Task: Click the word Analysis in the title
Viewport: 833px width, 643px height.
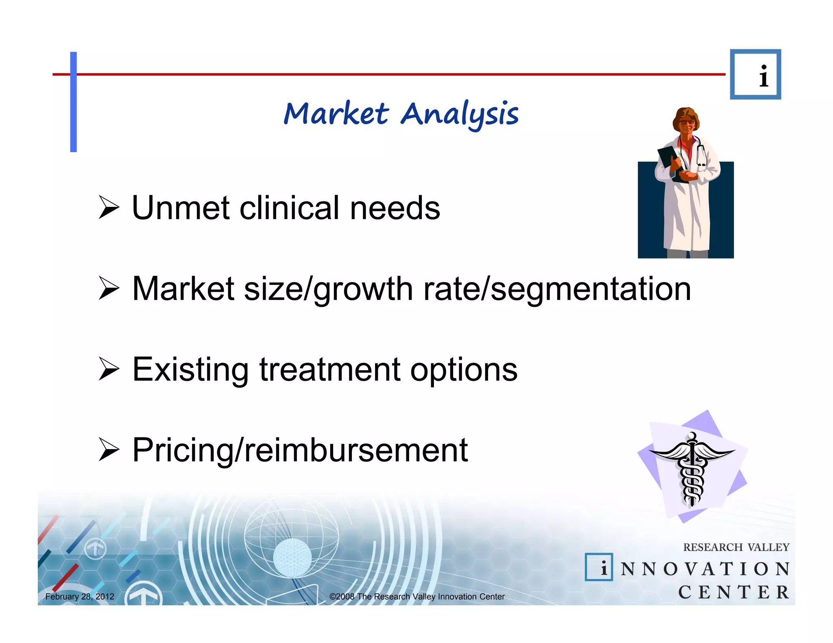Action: click(459, 114)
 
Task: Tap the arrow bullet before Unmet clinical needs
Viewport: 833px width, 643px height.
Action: click(109, 208)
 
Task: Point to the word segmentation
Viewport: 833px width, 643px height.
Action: click(591, 289)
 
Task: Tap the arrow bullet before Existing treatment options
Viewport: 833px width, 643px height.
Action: click(109, 369)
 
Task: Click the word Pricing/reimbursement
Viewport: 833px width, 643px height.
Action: click(300, 450)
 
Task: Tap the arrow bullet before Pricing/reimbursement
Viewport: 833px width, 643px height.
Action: click(109, 450)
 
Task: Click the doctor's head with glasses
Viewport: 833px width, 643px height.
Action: click(687, 121)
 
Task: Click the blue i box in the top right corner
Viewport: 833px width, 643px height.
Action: click(755, 75)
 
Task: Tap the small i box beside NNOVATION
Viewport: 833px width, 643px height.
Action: click(599, 567)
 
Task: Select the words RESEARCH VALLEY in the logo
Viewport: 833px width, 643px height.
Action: click(736, 547)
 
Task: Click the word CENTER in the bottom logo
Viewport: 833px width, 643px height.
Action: click(733, 592)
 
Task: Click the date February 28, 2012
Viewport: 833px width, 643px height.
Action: click(80, 597)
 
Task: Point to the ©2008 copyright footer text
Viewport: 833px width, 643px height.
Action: click(416, 597)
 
